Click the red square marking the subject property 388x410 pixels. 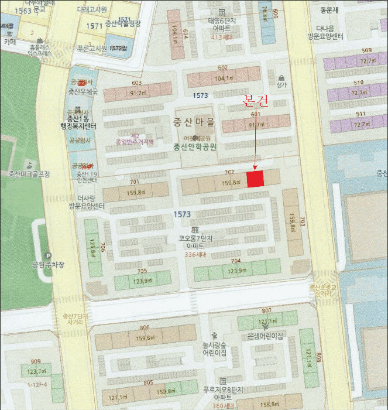[255, 179]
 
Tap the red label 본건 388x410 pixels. [255, 101]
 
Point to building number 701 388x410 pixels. [134, 182]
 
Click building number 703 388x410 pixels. [303, 221]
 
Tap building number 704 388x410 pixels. [236, 261]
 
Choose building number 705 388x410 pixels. [142, 271]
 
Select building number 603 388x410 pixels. [137, 83]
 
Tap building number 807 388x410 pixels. [266, 310]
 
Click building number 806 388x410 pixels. [145, 328]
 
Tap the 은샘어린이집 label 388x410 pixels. [265, 336]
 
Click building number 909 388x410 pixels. [36, 361]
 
